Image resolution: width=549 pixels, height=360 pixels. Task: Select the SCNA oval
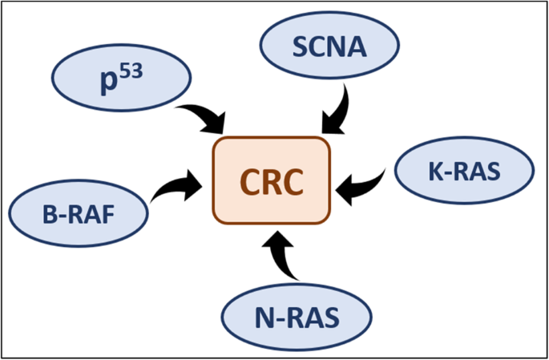[x=329, y=48]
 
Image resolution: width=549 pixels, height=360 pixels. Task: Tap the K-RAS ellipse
[x=464, y=170]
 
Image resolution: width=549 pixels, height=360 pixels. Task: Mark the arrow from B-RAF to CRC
[x=175, y=185]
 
